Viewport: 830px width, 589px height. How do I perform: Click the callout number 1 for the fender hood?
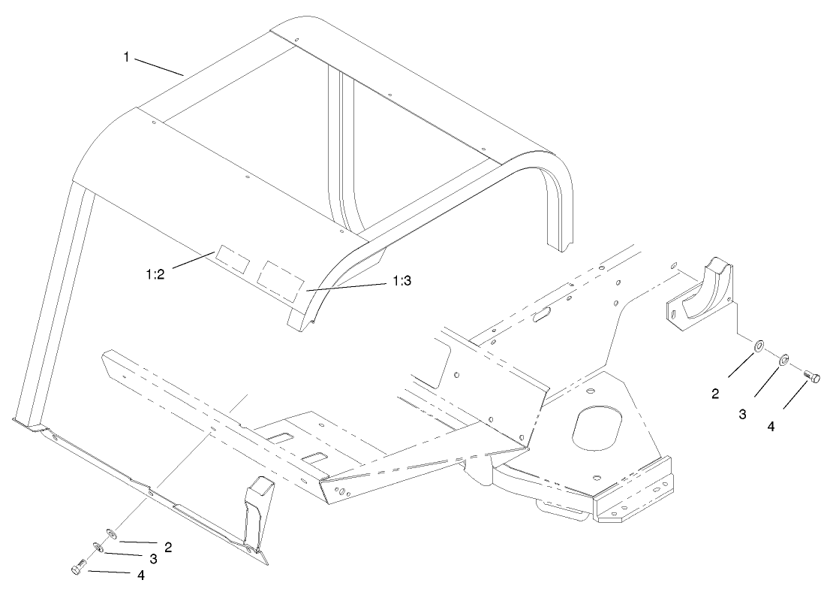coord(128,57)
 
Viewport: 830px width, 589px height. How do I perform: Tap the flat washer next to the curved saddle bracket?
coord(759,346)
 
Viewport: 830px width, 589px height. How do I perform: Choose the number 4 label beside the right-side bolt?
coord(771,425)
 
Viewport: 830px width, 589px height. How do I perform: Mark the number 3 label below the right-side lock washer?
coord(742,412)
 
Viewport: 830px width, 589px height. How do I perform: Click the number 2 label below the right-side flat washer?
coord(714,393)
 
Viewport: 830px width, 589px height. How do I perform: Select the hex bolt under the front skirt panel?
coord(78,569)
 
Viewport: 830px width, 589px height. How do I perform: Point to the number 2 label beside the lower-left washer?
coord(168,547)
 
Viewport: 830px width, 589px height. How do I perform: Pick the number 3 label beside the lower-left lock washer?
coord(152,560)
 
